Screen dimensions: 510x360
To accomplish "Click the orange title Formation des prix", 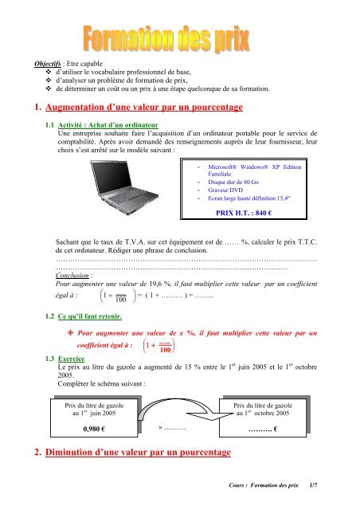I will click(x=179, y=37).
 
